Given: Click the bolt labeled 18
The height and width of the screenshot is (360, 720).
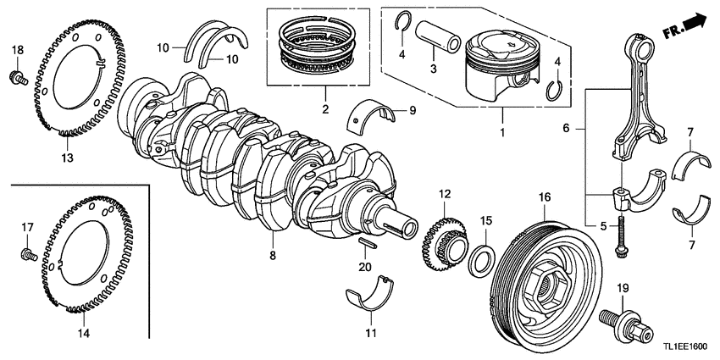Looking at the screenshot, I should pyautogui.click(x=18, y=78).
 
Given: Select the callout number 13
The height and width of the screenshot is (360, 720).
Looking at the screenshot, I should pyautogui.click(x=69, y=158).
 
